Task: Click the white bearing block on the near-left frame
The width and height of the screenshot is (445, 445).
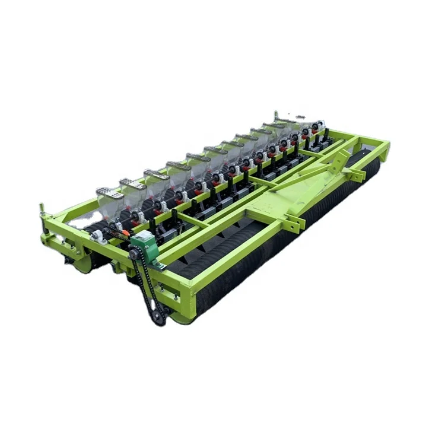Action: [97, 236]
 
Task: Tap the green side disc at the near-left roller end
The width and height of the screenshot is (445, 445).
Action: [81, 263]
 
